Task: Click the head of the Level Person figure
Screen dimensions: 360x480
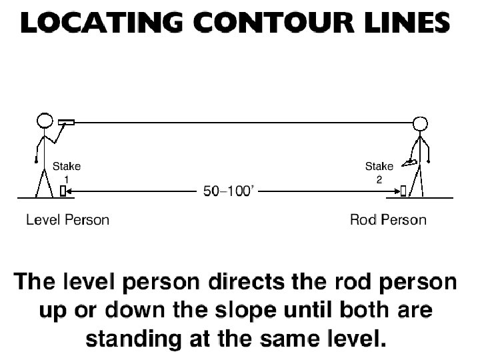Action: pos(44,121)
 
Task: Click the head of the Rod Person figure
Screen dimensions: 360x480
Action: pos(420,124)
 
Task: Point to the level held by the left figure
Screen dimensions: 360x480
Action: pos(65,122)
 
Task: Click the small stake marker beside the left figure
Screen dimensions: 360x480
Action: pos(63,192)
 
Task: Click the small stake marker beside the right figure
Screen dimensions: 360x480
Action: pos(404,192)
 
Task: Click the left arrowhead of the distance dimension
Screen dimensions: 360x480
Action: pos(71,192)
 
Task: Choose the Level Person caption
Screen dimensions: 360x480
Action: pos(67,219)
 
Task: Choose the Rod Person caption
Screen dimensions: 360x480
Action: pos(388,219)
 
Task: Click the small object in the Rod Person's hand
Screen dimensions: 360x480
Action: pos(412,162)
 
